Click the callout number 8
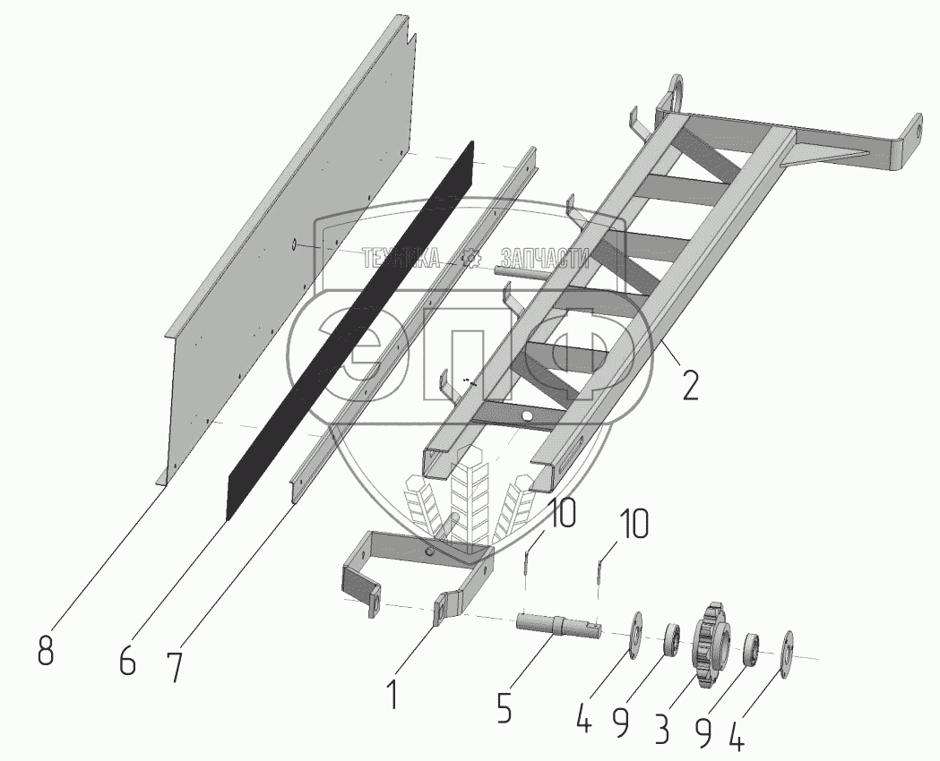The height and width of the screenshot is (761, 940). [x=45, y=650]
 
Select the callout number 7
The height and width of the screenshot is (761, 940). [x=175, y=666]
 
